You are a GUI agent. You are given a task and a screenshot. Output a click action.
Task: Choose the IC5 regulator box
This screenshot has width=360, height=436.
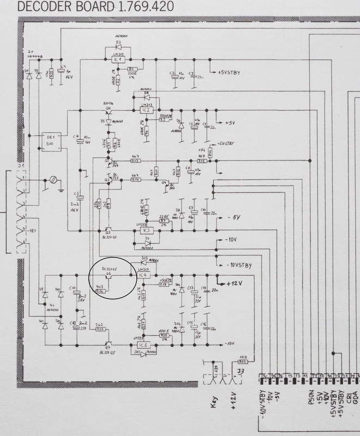145,345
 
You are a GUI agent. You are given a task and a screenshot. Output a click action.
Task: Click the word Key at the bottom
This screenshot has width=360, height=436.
216,407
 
